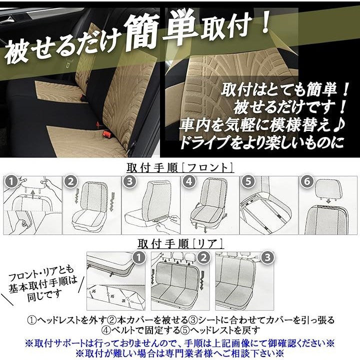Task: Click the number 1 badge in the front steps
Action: tap(11, 182)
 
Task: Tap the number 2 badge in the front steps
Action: tap(70, 182)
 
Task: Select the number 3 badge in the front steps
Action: tap(129, 182)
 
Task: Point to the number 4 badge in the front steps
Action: tap(189, 182)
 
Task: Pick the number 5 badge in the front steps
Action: tap(248, 182)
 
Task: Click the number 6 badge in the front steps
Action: tap(307, 182)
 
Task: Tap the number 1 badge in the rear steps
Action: tap(138, 258)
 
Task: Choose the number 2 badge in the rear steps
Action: tap(203, 258)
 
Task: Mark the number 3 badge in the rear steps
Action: tap(267, 258)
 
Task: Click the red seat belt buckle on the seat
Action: tap(106, 133)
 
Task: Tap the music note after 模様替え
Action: tap(339, 124)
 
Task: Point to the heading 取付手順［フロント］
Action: tap(180, 168)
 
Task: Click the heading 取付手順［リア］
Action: tap(180, 244)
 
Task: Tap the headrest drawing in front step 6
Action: tap(328, 189)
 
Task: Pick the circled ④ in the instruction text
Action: tap(106, 330)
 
